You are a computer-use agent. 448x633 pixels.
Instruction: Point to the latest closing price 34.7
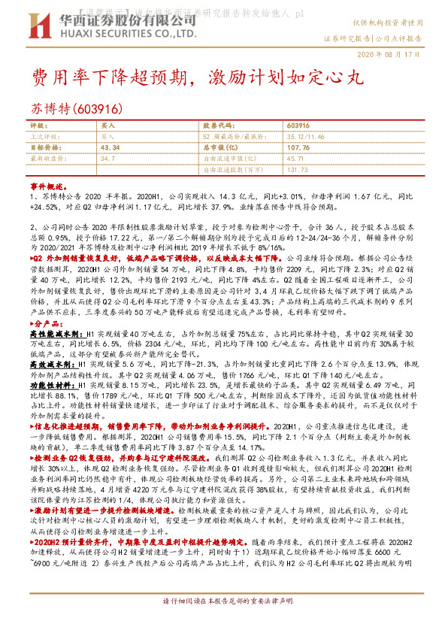pos(108,159)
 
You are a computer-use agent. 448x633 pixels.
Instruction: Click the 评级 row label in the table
pos(38,125)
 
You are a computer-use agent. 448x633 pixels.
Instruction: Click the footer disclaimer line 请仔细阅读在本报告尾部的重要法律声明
pos(225,622)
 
